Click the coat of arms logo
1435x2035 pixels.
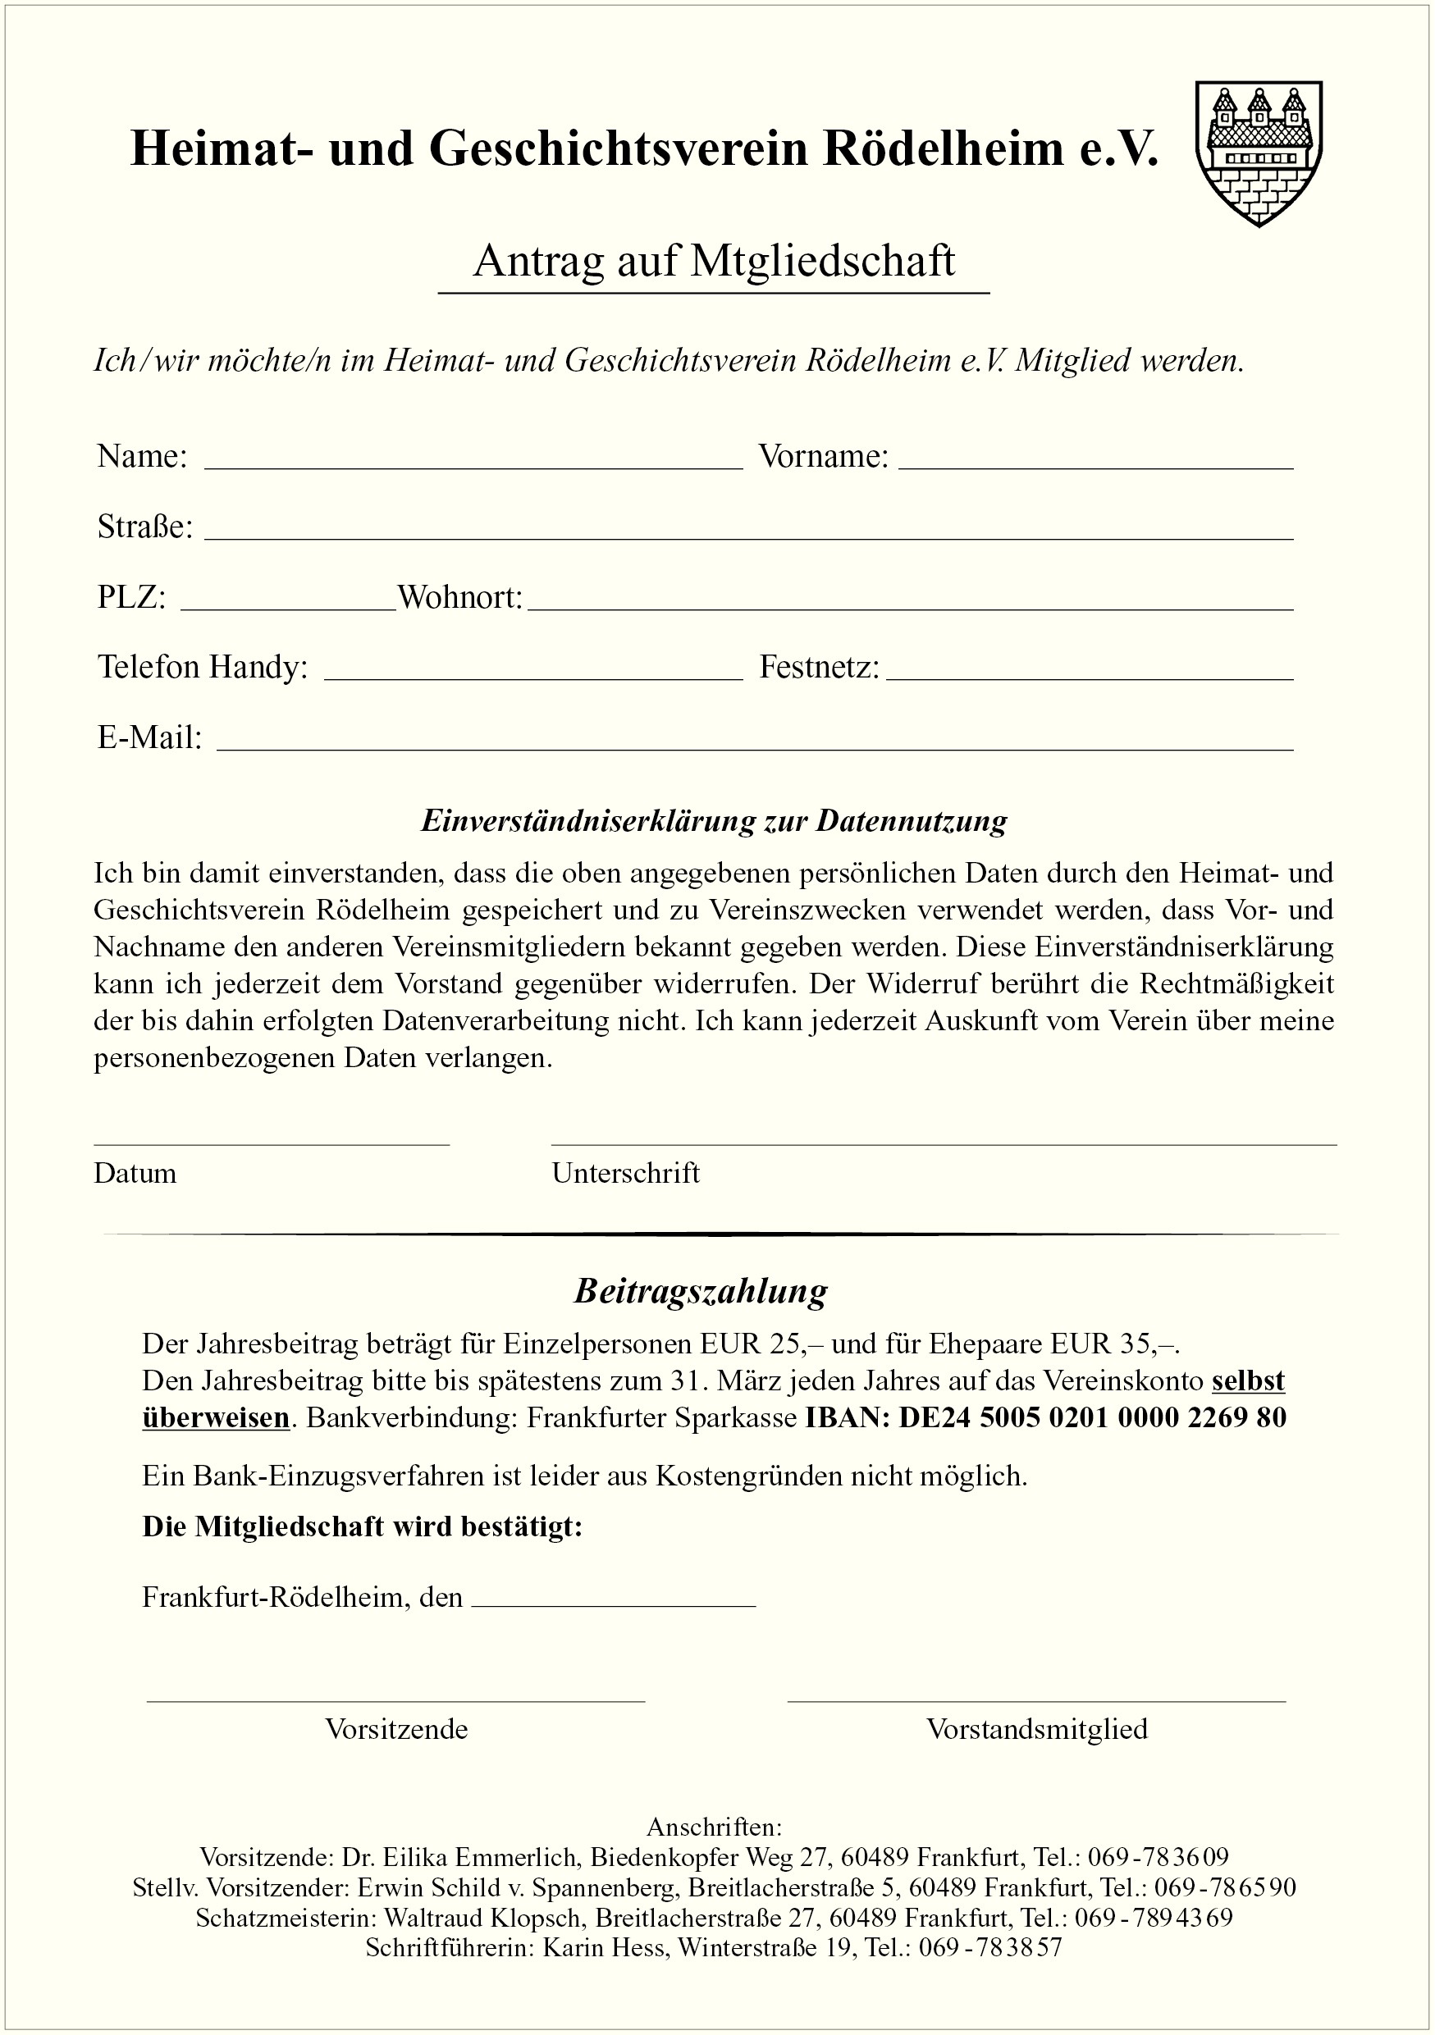pyautogui.click(x=1258, y=153)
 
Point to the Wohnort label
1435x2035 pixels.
pyautogui.click(x=460, y=597)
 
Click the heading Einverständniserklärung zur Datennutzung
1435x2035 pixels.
pyautogui.click(x=714, y=821)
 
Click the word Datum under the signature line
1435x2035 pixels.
pyautogui.click(x=135, y=1174)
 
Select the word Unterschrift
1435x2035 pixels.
pyautogui.click(x=626, y=1174)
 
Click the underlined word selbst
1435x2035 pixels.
pyautogui.click(x=1248, y=1381)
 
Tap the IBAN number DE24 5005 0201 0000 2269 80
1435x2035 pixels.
pyautogui.click(x=1092, y=1417)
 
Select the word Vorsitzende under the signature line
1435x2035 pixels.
pyautogui.click(x=396, y=1729)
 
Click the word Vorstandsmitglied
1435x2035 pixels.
pyautogui.click(x=1037, y=1729)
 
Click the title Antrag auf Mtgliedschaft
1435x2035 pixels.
pyautogui.click(x=714, y=262)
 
